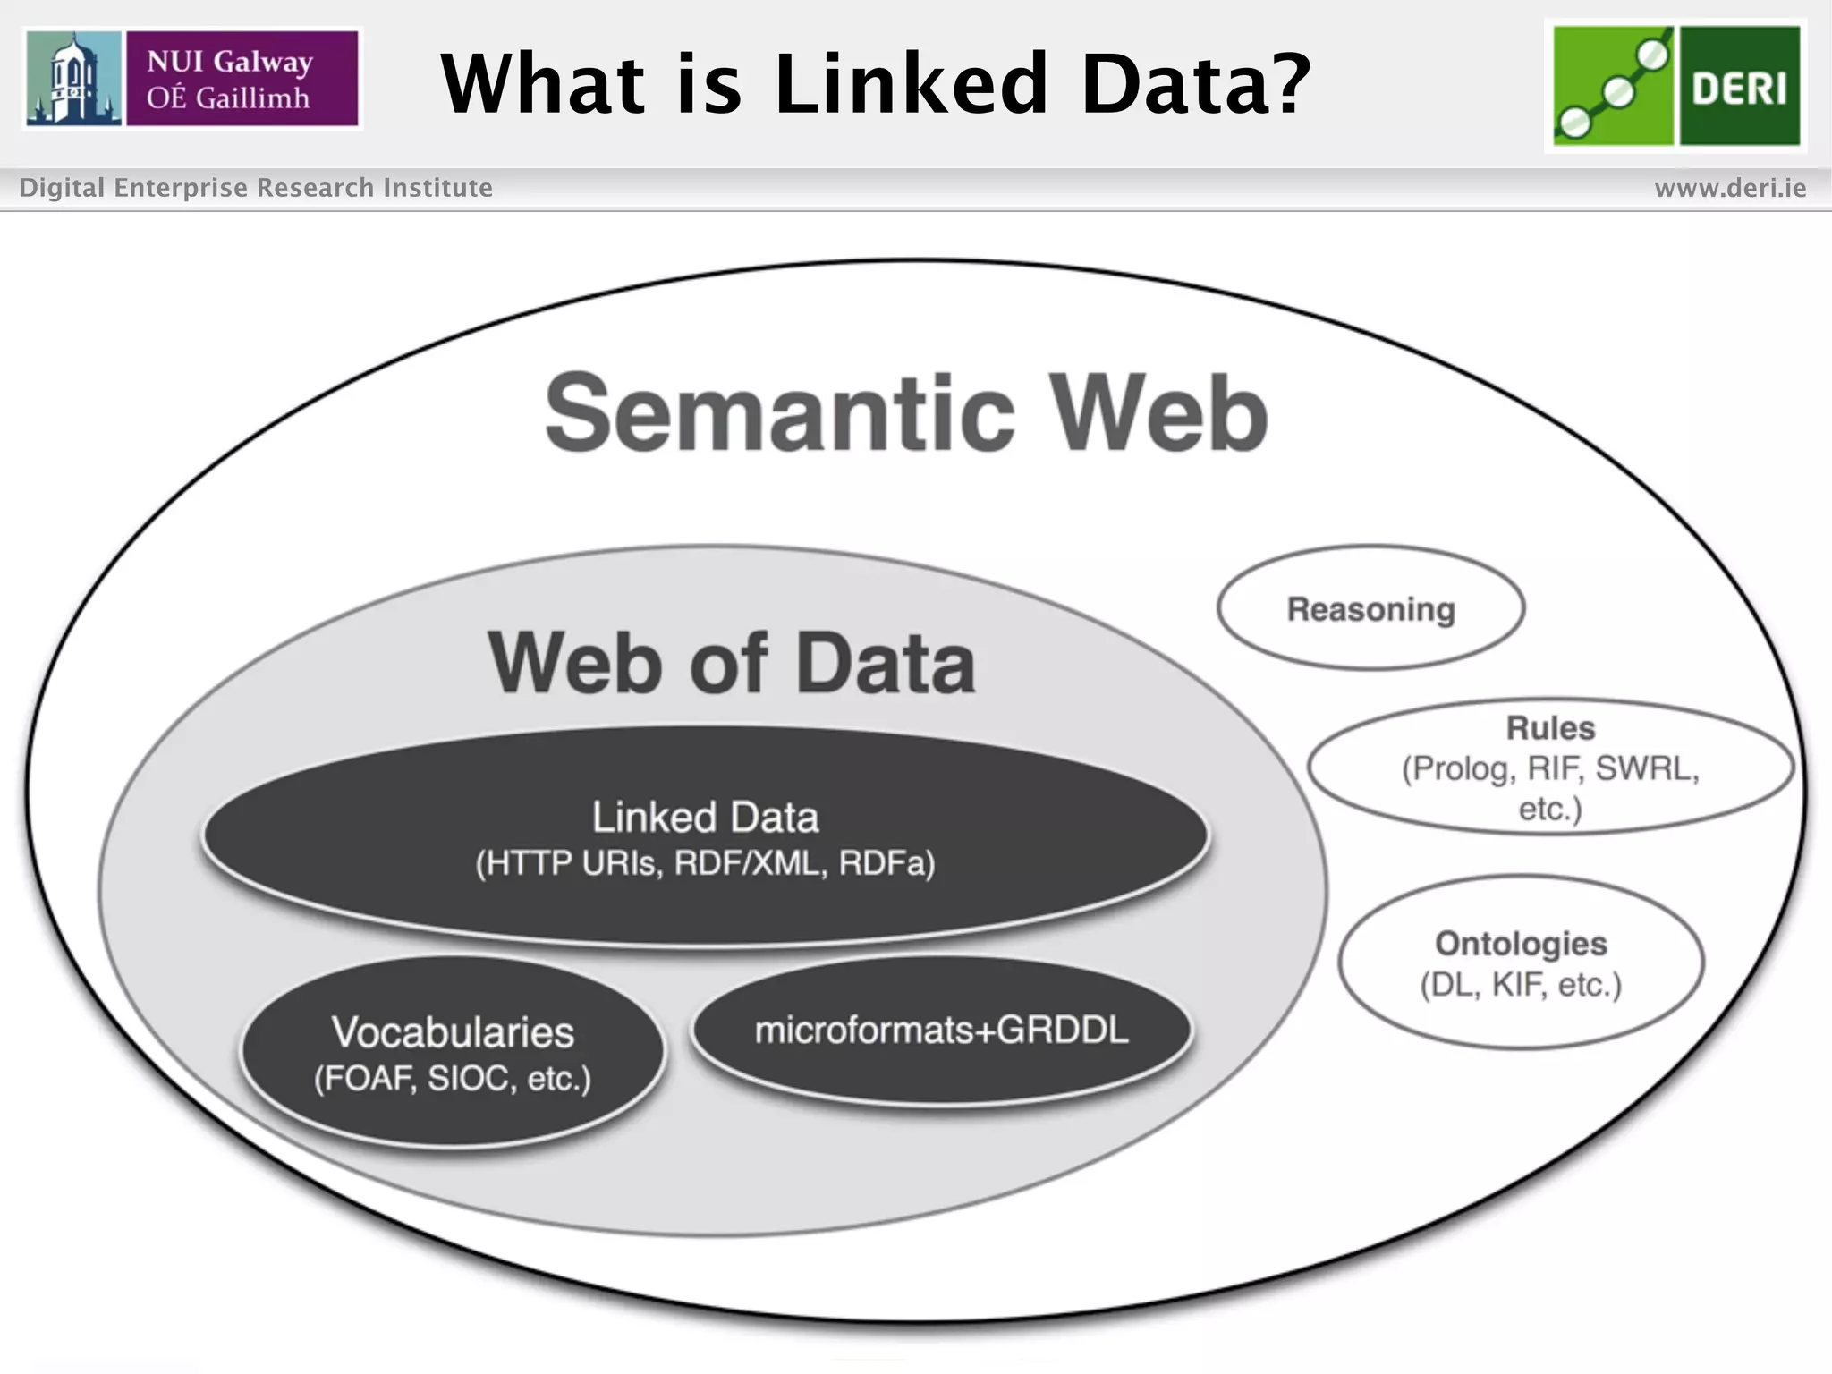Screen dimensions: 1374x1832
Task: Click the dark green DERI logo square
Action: pyautogui.click(x=1739, y=86)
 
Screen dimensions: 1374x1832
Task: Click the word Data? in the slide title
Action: pyautogui.click(x=1195, y=84)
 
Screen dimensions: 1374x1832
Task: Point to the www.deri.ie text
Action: pyautogui.click(x=1730, y=188)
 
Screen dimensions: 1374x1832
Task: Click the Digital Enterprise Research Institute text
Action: pyautogui.click(x=256, y=188)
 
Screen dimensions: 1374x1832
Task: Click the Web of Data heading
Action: pyautogui.click(x=732, y=664)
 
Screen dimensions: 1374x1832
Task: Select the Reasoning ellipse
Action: pyautogui.click(x=1370, y=609)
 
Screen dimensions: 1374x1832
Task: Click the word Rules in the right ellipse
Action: pyautogui.click(x=1550, y=728)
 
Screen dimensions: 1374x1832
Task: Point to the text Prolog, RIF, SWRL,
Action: pyautogui.click(x=1550, y=768)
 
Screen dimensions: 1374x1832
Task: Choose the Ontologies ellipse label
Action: pyautogui.click(x=1521, y=944)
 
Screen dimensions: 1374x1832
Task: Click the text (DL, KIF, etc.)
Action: pyautogui.click(x=1521, y=985)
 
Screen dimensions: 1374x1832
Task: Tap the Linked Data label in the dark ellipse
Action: pyautogui.click(x=705, y=818)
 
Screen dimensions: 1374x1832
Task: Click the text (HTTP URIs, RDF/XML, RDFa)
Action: pyautogui.click(x=705, y=864)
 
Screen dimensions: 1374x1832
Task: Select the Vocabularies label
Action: pyautogui.click(x=453, y=1032)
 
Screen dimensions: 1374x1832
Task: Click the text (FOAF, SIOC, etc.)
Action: pyautogui.click(x=453, y=1079)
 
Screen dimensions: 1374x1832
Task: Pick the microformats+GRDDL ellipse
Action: pyautogui.click(x=941, y=1030)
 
